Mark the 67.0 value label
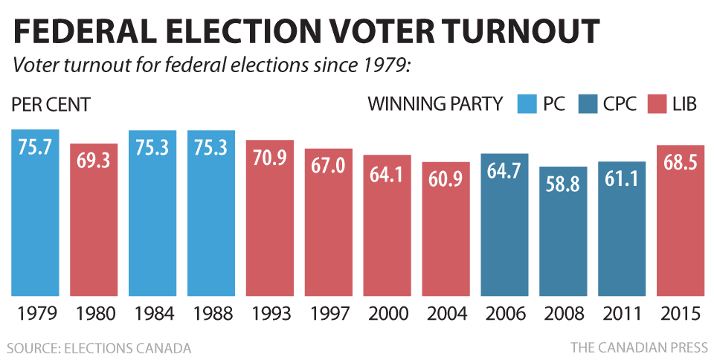(x=329, y=166)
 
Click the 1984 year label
(x=152, y=313)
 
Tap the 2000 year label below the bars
(x=387, y=313)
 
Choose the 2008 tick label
(x=563, y=313)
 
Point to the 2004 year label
(x=446, y=313)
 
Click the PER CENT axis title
(x=51, y=104)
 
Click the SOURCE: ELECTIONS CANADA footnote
(x=100, y=347)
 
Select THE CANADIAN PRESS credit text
(x=637, y=347)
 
